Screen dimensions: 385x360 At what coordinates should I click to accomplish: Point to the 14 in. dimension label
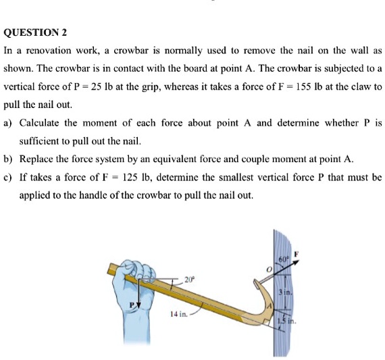[x=179, y=315]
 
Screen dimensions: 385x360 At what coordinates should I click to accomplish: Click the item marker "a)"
[x=9, y=123]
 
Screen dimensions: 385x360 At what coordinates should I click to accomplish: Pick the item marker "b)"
[x=9, y=159]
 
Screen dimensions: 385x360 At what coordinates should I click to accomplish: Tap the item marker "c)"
[x=9, y=178]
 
